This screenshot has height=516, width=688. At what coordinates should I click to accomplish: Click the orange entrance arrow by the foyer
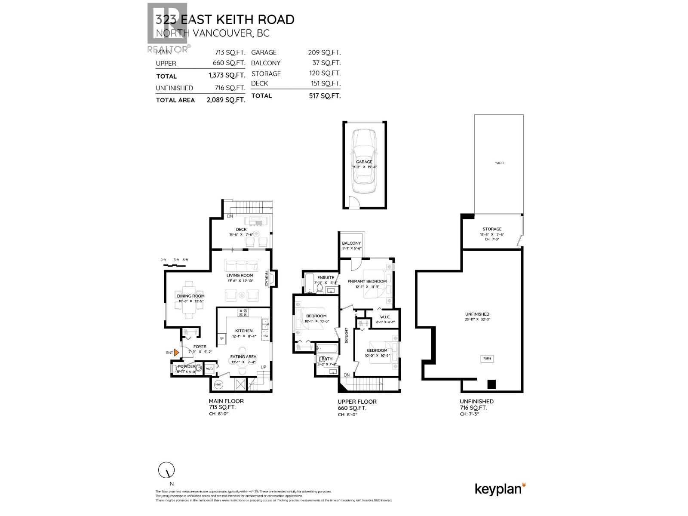pyautogui.click(x=176, y=353)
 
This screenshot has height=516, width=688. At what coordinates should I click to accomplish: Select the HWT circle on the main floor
pyautogui.click(x=218, y=384)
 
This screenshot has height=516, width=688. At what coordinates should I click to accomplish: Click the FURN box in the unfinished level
pyautogui.click(x=487, y=359)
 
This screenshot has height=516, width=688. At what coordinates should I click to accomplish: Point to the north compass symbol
pyautogui.click(x=166, y=471)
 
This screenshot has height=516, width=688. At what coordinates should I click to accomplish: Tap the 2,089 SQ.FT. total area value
pyautogui.click(x=226, y=100)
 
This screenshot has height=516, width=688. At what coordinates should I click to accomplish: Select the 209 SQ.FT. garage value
pyautogui.click(x=324, y=52)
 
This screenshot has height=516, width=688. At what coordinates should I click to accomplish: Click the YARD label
pyautogui.click(x=499, y=163)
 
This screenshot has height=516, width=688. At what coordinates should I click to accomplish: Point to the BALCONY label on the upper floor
pyautogui.click(x=351, y=243)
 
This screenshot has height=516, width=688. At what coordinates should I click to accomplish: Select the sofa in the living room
pyautogui.click(x=242, y=264)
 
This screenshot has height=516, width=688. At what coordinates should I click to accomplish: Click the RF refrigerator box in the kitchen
pyautogui.click(x=222, y=339)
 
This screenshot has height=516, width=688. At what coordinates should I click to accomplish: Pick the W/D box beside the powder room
pyautogui.click(x=209, y=369)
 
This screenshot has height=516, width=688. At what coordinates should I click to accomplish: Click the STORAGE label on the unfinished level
pyautogui.click(x=492, y=229)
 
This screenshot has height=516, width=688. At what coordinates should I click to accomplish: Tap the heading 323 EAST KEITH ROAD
pyautogui.click(x=225, y=20)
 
